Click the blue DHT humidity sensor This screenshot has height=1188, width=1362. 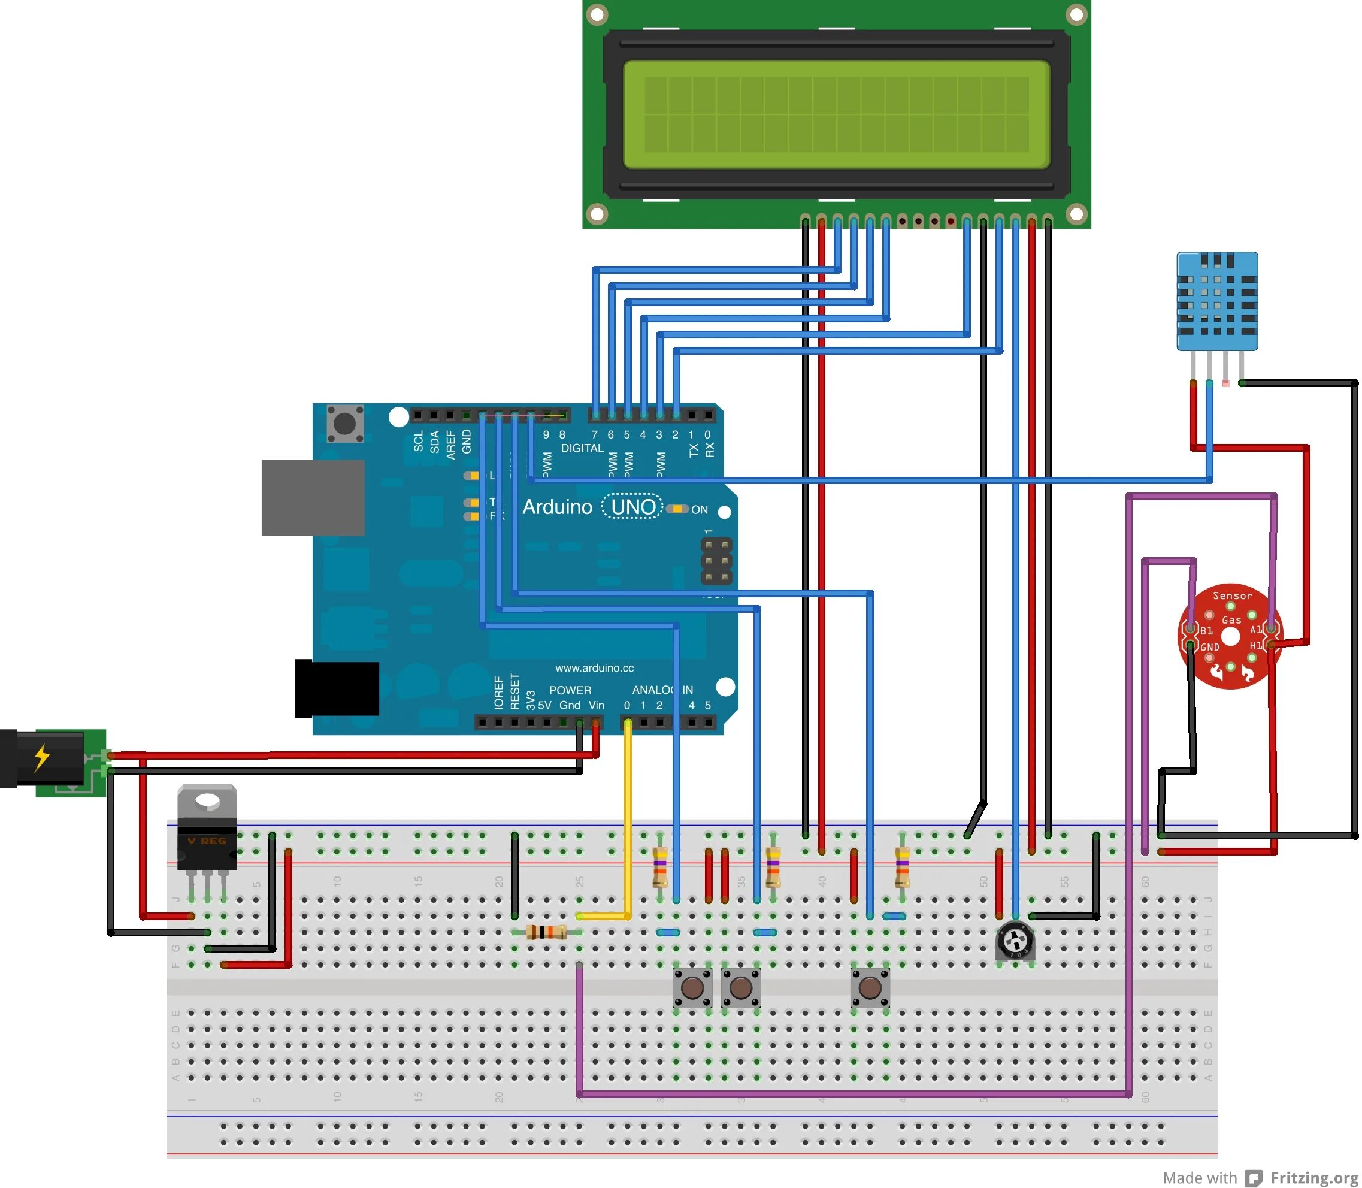[1217, 301]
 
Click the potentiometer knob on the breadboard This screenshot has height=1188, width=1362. [1015, 940]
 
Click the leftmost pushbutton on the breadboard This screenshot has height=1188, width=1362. [692, 988]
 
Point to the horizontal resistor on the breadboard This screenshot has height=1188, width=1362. [546, 933]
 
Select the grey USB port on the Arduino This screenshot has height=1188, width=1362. [313, 497]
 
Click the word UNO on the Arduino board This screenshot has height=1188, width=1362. [633, 507]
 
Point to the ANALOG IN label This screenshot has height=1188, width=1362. [662, 690]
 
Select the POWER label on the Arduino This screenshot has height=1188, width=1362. [570, 690]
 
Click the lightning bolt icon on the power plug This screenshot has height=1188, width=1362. [42, 757]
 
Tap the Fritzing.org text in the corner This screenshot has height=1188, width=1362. [1313, 1177]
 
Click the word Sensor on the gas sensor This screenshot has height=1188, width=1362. [1232, 595]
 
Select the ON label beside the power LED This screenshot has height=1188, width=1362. [699, 510]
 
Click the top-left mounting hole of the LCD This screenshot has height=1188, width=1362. [597, 14]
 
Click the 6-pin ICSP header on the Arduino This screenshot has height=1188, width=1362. [716, 561]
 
